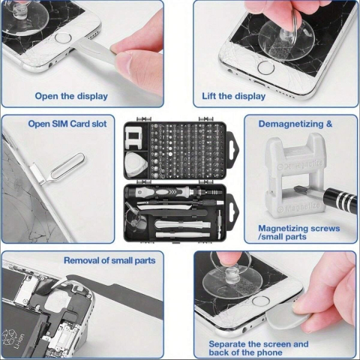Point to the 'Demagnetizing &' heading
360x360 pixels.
coord(295,124)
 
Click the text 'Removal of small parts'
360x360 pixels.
coord(109,260)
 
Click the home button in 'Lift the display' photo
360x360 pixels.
coord(264,66)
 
